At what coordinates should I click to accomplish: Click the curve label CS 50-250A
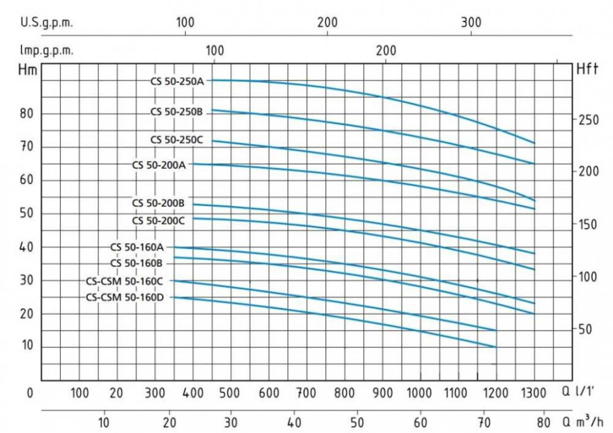coord(177,81)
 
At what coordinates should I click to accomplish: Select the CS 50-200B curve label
coord(158,203)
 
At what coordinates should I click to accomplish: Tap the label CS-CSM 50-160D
coord(125,297)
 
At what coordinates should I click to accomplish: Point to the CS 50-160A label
coord(137,247)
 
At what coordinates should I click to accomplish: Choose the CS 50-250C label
coord(176,140)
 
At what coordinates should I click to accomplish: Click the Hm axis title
coord(28,69)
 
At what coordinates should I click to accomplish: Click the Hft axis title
coord(587,69)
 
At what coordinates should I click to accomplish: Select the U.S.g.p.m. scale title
coord(46,23)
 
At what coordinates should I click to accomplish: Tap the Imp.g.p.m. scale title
coord(46,51)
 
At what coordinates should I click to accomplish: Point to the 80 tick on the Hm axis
coord(27,114)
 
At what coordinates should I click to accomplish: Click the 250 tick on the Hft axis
coord(589,120)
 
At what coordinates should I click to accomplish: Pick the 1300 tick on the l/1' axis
coord(533,393)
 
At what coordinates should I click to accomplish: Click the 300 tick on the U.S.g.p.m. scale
coord(471,23)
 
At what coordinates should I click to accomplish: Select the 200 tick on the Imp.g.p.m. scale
coord(386,51)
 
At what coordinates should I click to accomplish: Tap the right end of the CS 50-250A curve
coord(535,143)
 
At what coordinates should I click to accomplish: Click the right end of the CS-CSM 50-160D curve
coord(496,347)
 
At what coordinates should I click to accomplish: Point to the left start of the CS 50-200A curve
coord(193,164)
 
